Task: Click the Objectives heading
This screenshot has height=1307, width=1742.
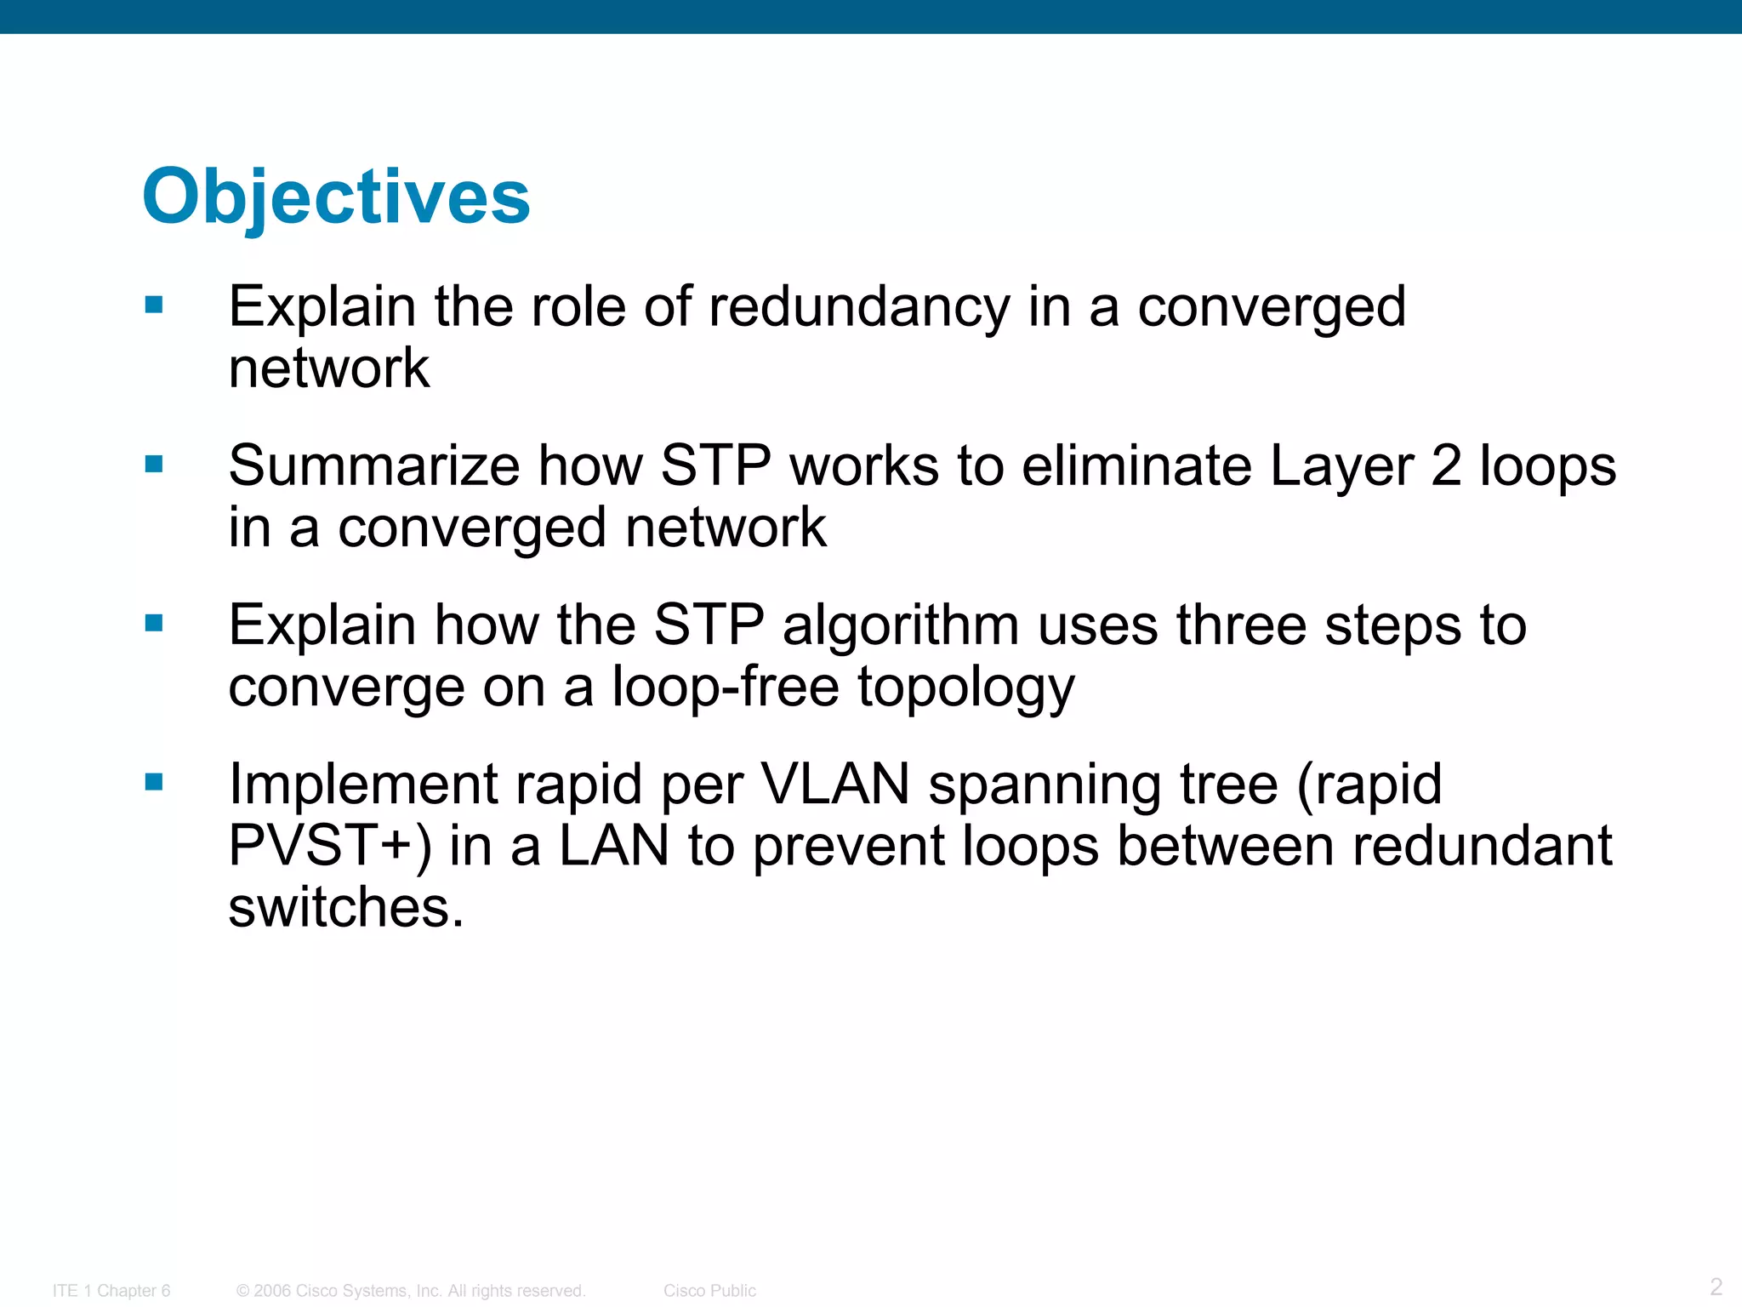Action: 337,197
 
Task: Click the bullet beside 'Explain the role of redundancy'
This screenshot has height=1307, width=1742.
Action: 154,305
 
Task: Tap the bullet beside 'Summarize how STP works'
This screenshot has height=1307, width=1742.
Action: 154,464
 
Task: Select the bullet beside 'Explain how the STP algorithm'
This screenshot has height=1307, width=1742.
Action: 154,624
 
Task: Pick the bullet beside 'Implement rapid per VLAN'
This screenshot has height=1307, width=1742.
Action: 154,782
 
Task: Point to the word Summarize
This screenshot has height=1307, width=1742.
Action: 374,466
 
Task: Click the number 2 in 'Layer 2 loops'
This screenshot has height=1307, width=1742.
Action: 1446,466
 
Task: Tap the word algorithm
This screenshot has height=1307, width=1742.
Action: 900,625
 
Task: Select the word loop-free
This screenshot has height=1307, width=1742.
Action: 726,688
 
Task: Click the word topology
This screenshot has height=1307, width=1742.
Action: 965,688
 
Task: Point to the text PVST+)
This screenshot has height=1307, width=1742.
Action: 330,847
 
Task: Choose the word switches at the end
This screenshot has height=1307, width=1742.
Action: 345,908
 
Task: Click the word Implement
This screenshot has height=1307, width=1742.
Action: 362,785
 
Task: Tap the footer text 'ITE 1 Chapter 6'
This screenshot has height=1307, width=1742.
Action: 111,1291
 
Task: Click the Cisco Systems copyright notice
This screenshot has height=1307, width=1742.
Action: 411,1291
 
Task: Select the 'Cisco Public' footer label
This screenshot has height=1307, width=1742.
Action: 709,1291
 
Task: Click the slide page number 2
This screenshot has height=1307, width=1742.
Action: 1716,1286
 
